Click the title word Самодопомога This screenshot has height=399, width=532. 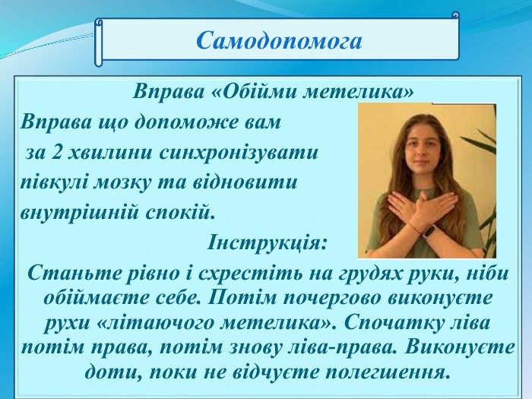tap(279, 41)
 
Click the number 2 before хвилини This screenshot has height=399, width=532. tap(55, 154)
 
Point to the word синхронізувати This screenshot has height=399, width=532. tap(238, 154)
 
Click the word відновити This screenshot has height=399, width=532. tap(245, 182)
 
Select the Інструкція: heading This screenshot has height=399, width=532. tap(267, 242)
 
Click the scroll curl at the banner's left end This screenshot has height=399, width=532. tap(98, 42)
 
